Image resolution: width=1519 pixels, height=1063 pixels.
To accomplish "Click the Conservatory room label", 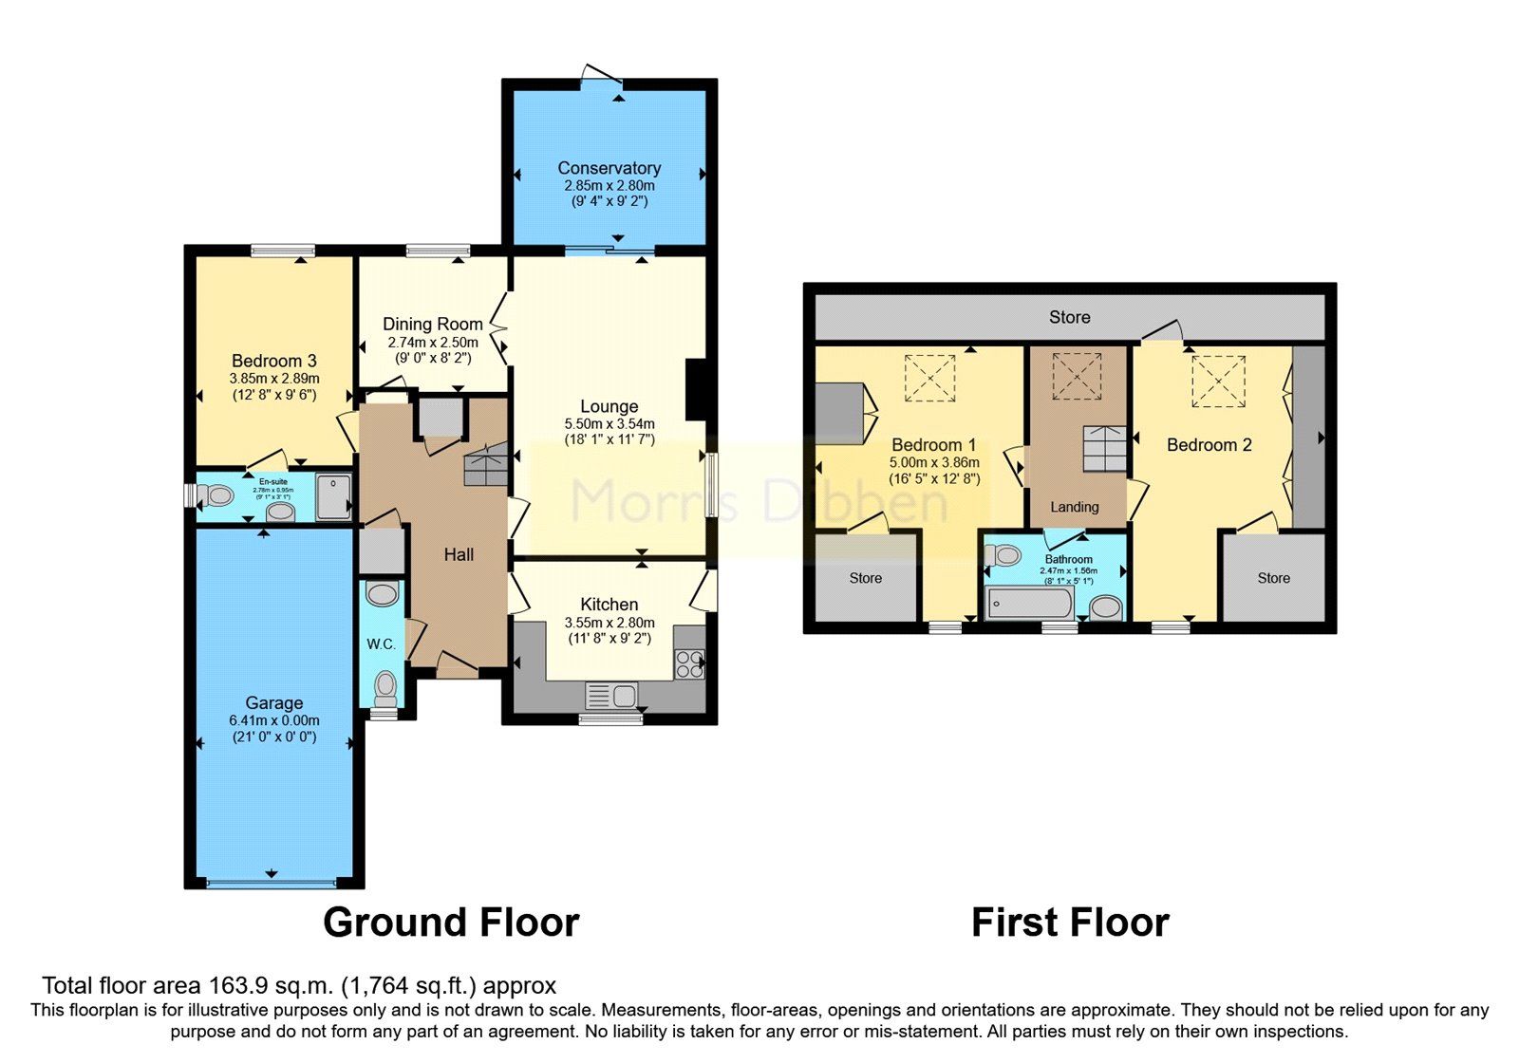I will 609,168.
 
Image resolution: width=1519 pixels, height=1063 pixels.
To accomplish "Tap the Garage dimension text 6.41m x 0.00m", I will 274,720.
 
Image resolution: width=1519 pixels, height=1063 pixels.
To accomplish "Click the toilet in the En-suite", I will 218,495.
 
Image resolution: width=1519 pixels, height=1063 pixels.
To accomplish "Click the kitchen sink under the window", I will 611,696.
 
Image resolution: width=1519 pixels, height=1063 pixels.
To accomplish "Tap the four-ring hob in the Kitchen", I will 689,663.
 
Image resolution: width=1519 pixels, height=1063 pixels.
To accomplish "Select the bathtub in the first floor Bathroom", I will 1029,604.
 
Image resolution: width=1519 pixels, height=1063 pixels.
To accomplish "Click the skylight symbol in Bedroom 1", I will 929,378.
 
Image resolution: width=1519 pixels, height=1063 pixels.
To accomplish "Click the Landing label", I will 1075,507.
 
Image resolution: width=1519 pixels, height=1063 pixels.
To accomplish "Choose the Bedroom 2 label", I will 1209,444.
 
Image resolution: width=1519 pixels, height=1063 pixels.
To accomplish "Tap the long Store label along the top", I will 1069,317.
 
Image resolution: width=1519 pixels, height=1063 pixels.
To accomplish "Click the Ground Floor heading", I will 451,923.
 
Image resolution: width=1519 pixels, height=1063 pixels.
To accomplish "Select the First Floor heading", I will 1070,923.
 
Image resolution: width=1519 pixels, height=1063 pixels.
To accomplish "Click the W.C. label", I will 381,643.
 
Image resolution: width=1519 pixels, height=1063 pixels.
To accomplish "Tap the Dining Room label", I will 432,324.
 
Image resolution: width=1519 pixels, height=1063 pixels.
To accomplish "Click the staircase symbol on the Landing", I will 1105,448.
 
